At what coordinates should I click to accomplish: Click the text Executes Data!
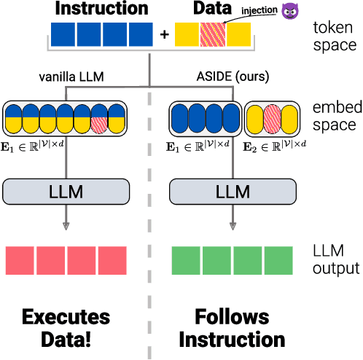[x=66, y=328]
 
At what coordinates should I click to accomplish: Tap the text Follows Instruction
[x=232, y=328]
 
